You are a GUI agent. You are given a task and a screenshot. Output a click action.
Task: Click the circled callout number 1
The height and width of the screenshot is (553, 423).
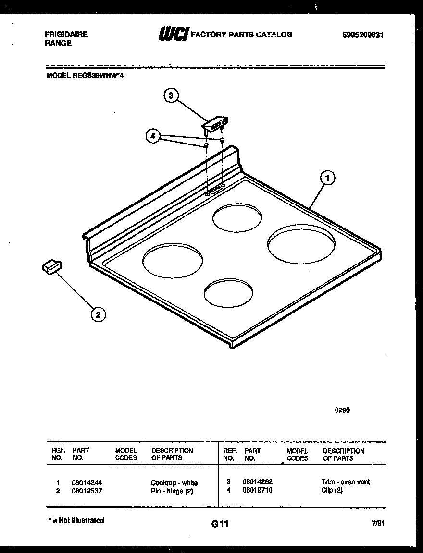327,179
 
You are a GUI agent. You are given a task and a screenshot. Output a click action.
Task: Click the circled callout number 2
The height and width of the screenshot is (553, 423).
98,314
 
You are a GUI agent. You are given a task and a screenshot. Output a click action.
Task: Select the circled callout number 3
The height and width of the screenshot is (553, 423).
170,96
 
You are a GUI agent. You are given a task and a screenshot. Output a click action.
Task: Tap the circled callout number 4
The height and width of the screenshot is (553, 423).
152,136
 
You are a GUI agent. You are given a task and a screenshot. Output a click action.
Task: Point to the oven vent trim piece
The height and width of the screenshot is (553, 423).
214,123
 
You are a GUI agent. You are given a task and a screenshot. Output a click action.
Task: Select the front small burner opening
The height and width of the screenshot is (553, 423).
228,292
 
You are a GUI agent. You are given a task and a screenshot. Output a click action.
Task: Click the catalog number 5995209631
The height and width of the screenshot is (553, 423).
363,35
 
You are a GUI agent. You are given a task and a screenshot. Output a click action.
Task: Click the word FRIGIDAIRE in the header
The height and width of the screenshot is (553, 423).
66,35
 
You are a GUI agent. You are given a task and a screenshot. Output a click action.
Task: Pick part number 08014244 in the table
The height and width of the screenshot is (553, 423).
87,482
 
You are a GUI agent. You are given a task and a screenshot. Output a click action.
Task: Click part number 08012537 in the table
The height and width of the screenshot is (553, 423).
87,491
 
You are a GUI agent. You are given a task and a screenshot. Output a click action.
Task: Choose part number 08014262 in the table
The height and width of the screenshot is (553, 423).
258,481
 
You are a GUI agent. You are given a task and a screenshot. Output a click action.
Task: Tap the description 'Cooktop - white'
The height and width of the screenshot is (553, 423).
174,483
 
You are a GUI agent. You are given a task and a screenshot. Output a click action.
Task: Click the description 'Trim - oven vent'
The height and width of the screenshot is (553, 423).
345,482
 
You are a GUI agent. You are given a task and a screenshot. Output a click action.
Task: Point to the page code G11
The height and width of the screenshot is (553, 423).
220,525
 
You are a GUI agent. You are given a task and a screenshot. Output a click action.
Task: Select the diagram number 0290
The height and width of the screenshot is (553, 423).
342,410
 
